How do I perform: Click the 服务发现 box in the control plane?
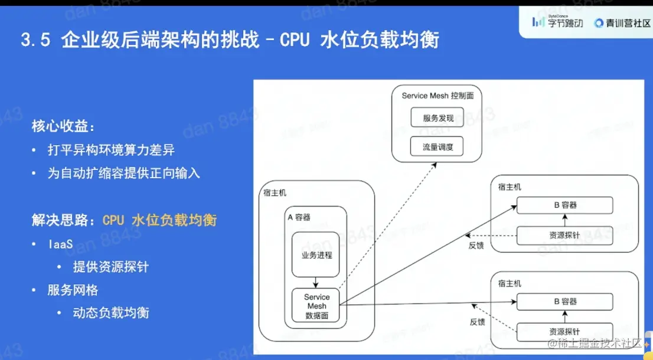(x=438, y=117)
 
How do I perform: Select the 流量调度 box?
(x=438, y=147)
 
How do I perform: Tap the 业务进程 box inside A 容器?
(x=316, y=255)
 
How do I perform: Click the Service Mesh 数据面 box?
(x=316, y=306)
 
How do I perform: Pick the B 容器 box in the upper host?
(x=565, y=205)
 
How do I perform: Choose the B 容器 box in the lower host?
(x=565, y=302)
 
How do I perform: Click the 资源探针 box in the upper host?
(x=565, y=235)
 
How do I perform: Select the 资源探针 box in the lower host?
(x=565, y=332)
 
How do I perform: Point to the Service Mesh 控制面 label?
(x=437, y=96)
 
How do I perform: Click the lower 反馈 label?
(x=477, y=322)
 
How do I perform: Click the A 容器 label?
(x=299, y=217)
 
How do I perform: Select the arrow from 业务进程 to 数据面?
(x=316, y=283)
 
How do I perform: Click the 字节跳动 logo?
(x=557, y=23)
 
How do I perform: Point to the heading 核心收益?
(x=63, y=127)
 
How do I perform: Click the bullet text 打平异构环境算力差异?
(x=111, y=150)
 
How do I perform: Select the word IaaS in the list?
(x=61, y=244)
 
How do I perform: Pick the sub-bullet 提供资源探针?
(x=110, y=267)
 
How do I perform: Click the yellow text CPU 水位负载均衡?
(x=159, y=220)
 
